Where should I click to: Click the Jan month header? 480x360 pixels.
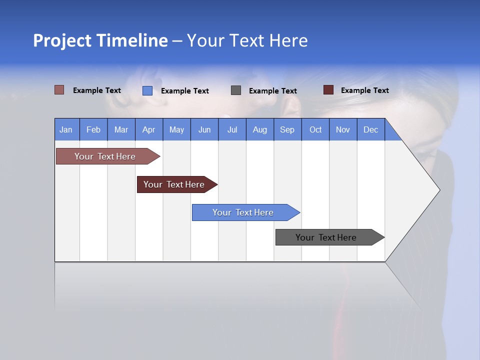(x=66, y=129)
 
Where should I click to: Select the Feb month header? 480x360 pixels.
(x=93, y=129)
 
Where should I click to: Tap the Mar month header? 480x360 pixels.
(x=121, y=129)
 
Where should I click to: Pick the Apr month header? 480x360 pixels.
(x=149, y=129)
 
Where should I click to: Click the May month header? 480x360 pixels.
(x=176, y=129)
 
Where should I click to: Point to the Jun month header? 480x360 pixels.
(x=204, y=129)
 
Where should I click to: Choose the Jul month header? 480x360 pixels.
(x=232, y=129)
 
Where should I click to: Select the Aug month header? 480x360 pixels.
(x=260, y=129)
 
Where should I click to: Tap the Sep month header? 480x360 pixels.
(x=287, y=129)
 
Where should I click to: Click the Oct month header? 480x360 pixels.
(x=315, y=129)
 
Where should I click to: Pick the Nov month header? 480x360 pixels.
(x=343, y=129)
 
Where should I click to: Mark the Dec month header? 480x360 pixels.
(x=371, y=129)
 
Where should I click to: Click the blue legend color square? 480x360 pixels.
(x=147, y=90)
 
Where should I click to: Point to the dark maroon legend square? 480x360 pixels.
(x=328, y=90)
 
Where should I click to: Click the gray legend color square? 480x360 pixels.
(x=236, y=90)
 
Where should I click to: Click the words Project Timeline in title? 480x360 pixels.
(x=100, y=40)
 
